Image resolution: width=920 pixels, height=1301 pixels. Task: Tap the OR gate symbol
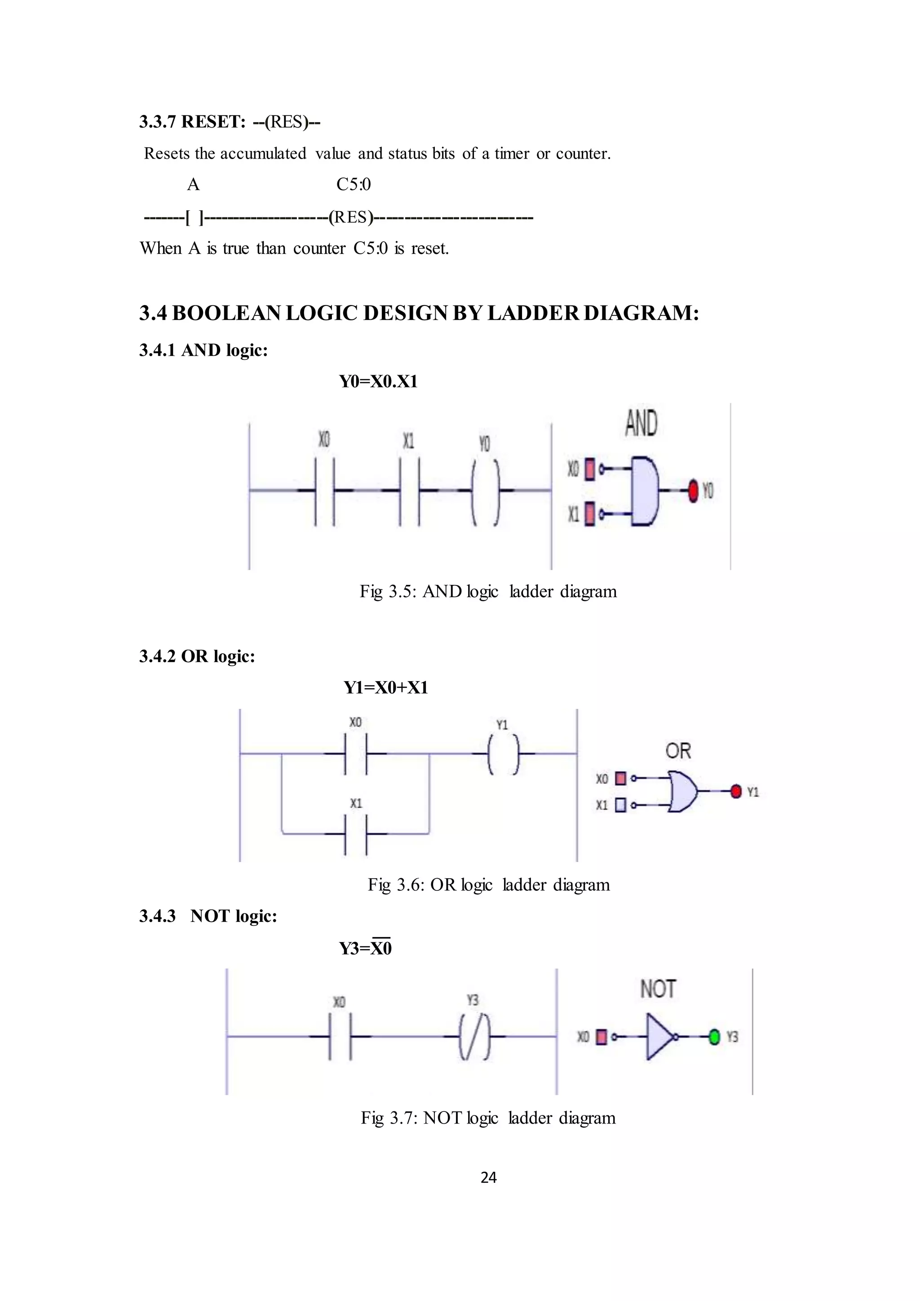683,791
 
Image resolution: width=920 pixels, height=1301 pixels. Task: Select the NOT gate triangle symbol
659,1037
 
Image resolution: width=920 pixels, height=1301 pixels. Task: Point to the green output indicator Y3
714,1037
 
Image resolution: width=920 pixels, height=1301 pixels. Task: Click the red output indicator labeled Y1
736,792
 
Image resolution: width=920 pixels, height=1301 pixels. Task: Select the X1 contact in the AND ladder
410,491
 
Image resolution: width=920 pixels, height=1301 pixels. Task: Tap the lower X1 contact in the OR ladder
356,834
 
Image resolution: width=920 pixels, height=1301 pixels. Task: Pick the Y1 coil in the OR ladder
503,754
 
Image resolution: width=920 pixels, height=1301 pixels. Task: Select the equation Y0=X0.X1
378,381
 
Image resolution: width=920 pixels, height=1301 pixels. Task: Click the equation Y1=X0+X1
385,687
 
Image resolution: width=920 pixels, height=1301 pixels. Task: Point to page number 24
488,1177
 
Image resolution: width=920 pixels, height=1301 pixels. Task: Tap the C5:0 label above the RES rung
354,185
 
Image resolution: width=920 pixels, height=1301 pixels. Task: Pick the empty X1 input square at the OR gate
620,805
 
